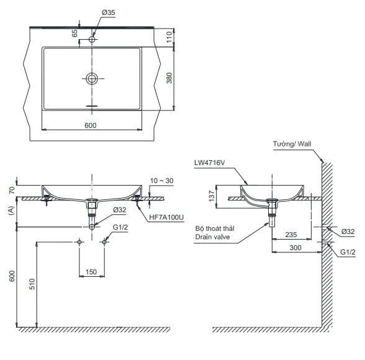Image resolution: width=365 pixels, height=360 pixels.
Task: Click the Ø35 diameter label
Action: tap(109, 12)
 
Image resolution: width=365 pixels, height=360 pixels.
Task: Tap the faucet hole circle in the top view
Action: tap(92, 39)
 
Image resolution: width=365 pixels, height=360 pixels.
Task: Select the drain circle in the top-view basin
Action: tap(92, 78)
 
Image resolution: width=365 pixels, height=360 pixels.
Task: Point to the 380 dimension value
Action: tap(169, 78)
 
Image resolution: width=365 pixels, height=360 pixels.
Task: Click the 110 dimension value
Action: tap(169, 37)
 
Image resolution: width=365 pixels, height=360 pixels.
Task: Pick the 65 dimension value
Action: tap(74, 34)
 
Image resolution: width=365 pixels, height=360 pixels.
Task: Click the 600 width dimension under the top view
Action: tap(91, 125)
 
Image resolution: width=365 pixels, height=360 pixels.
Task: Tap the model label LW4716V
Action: tap(210, 163)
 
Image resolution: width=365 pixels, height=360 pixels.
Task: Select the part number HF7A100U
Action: tap(166, 217)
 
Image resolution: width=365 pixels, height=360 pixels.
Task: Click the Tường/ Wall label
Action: tap(292, 144)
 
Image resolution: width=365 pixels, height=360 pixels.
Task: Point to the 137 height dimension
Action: tap(212, 196)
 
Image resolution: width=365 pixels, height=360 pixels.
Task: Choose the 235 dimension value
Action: tap(291, 235)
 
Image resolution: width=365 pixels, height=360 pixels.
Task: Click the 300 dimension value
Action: tap(295, 248)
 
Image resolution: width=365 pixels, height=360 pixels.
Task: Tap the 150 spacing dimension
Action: tap(91, 272)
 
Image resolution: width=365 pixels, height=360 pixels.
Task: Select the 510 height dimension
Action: tap(32, 284)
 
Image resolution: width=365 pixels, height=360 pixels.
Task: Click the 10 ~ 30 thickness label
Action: tap(162, 181)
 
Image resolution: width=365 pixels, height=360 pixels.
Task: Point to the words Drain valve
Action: tap(212, 237)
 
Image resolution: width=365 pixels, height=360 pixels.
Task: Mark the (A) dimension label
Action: tap(12, 210)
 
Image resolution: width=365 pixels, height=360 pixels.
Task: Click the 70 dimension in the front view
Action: tap(12, 190)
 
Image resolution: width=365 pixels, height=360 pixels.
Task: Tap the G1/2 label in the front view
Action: tap(120, 227)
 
